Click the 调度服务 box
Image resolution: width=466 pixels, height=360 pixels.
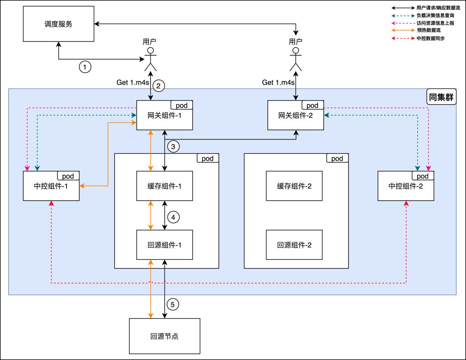click(x=58, y=24)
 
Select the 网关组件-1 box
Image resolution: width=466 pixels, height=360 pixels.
click(x=164, y=115)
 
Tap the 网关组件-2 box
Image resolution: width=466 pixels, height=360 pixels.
click(x=296, y=115)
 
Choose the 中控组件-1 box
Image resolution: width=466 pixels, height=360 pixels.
click(x=51, y=186)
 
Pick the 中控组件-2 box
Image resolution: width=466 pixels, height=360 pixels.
click(x=406, y=186)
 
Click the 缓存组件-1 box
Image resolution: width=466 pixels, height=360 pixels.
click(x=164, y=186)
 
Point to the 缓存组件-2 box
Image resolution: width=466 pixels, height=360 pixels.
click(x=294, y=186)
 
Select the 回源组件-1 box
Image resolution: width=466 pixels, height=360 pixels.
click(x=164, y=245)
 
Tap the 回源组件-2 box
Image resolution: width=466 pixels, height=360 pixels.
click(x=294, y=245)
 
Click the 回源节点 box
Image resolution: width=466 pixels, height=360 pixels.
click(x=165, y=336)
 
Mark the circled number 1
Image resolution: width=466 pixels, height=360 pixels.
click(x=85, y=67)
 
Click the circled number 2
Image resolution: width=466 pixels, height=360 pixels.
click(x=159, y=86)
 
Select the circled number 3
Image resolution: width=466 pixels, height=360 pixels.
click(x=173, y=147)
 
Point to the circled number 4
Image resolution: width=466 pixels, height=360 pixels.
click(x=173, y=218)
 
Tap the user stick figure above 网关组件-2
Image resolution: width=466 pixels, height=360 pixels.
click(x=296, y=59)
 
